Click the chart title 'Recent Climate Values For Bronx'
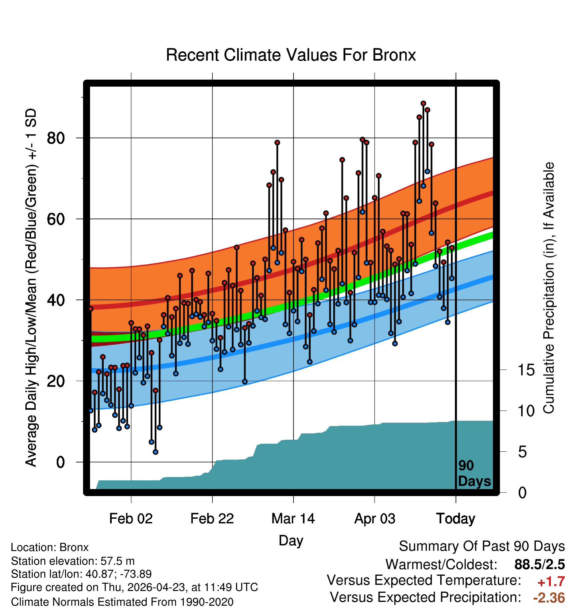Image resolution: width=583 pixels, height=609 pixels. coord(291,55)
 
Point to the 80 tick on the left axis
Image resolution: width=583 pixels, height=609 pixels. coord(56,138)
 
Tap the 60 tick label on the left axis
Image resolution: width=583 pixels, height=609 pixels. coord(56,219)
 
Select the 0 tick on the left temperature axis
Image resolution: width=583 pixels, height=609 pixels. coord(60,462)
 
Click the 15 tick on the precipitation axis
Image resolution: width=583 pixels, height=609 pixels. coord(526,370)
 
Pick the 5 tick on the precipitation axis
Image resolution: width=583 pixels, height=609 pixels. coord(522,452)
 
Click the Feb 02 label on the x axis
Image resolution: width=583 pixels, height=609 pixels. coord(131,519)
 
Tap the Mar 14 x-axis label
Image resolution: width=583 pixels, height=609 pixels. coord(293,519)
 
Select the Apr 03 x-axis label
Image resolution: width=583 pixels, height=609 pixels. coord(375,519)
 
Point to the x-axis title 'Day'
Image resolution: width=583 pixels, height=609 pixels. coord(291,541)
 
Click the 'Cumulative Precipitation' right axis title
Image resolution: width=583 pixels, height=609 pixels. coord(549,288)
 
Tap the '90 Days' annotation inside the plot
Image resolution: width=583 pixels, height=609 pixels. coord(474,473)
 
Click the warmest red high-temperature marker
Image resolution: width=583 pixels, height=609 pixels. coord(423,104)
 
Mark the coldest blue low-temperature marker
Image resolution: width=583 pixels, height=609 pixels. coord(155,452)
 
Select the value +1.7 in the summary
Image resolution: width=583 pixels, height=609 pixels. coord(551,582)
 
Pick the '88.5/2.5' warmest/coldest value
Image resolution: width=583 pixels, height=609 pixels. coord(540,565)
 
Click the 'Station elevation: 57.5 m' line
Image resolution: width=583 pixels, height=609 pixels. coord(73,561)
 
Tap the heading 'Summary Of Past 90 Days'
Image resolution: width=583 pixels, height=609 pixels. coord(482,546)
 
